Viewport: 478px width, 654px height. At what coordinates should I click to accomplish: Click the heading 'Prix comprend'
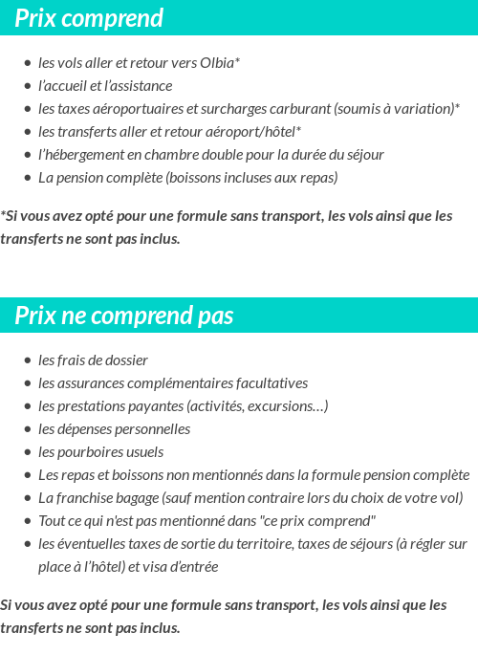pos(89,18)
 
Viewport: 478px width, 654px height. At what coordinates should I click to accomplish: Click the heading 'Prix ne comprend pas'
pos(123,316)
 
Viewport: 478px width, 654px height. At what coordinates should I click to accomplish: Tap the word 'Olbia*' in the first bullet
pos(220,63)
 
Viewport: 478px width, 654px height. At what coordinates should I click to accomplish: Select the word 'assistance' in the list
pos(141,86)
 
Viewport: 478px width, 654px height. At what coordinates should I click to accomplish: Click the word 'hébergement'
pos(86,155)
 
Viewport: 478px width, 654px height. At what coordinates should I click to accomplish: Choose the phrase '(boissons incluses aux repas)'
pos(251,178)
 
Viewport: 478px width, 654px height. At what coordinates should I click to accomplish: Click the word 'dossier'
pos(126,360)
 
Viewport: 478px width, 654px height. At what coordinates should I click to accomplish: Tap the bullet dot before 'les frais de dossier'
pos(28,361)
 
